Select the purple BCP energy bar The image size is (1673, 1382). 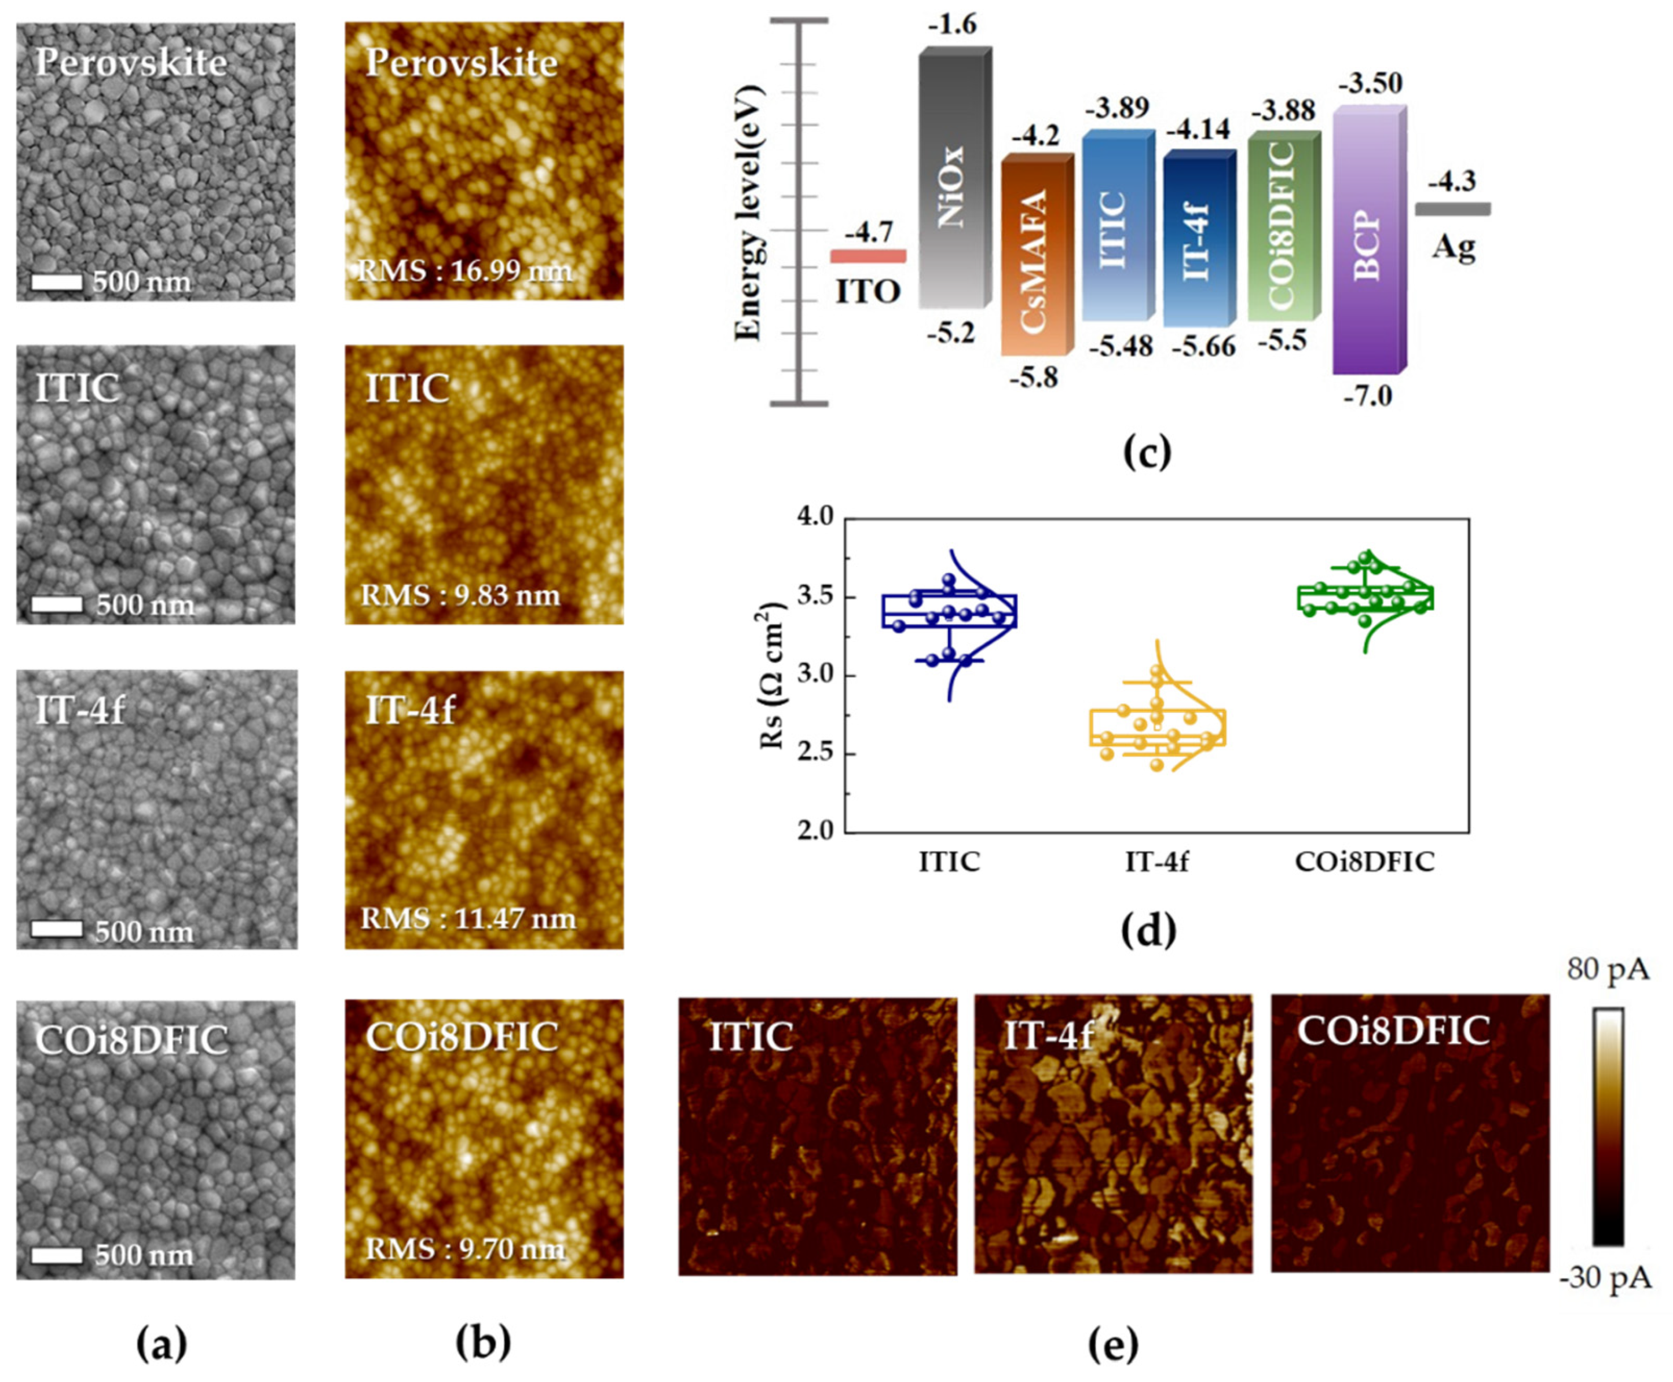[1367, 243]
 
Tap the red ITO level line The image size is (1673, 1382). [868, 255]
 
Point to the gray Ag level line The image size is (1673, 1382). [1452, 208]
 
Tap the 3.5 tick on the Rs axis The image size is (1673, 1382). [815, 596]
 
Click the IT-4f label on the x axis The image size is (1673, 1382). [1156, 862]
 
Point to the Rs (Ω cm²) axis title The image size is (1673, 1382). [771, 675]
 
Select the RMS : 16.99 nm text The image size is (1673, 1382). [465, 272]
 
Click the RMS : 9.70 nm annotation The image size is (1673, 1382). [465, 1248]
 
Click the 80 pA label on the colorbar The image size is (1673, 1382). [1608, 969]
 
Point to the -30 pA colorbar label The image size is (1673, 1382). [1605, 1278]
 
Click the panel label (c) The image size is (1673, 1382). [1146, 452]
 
